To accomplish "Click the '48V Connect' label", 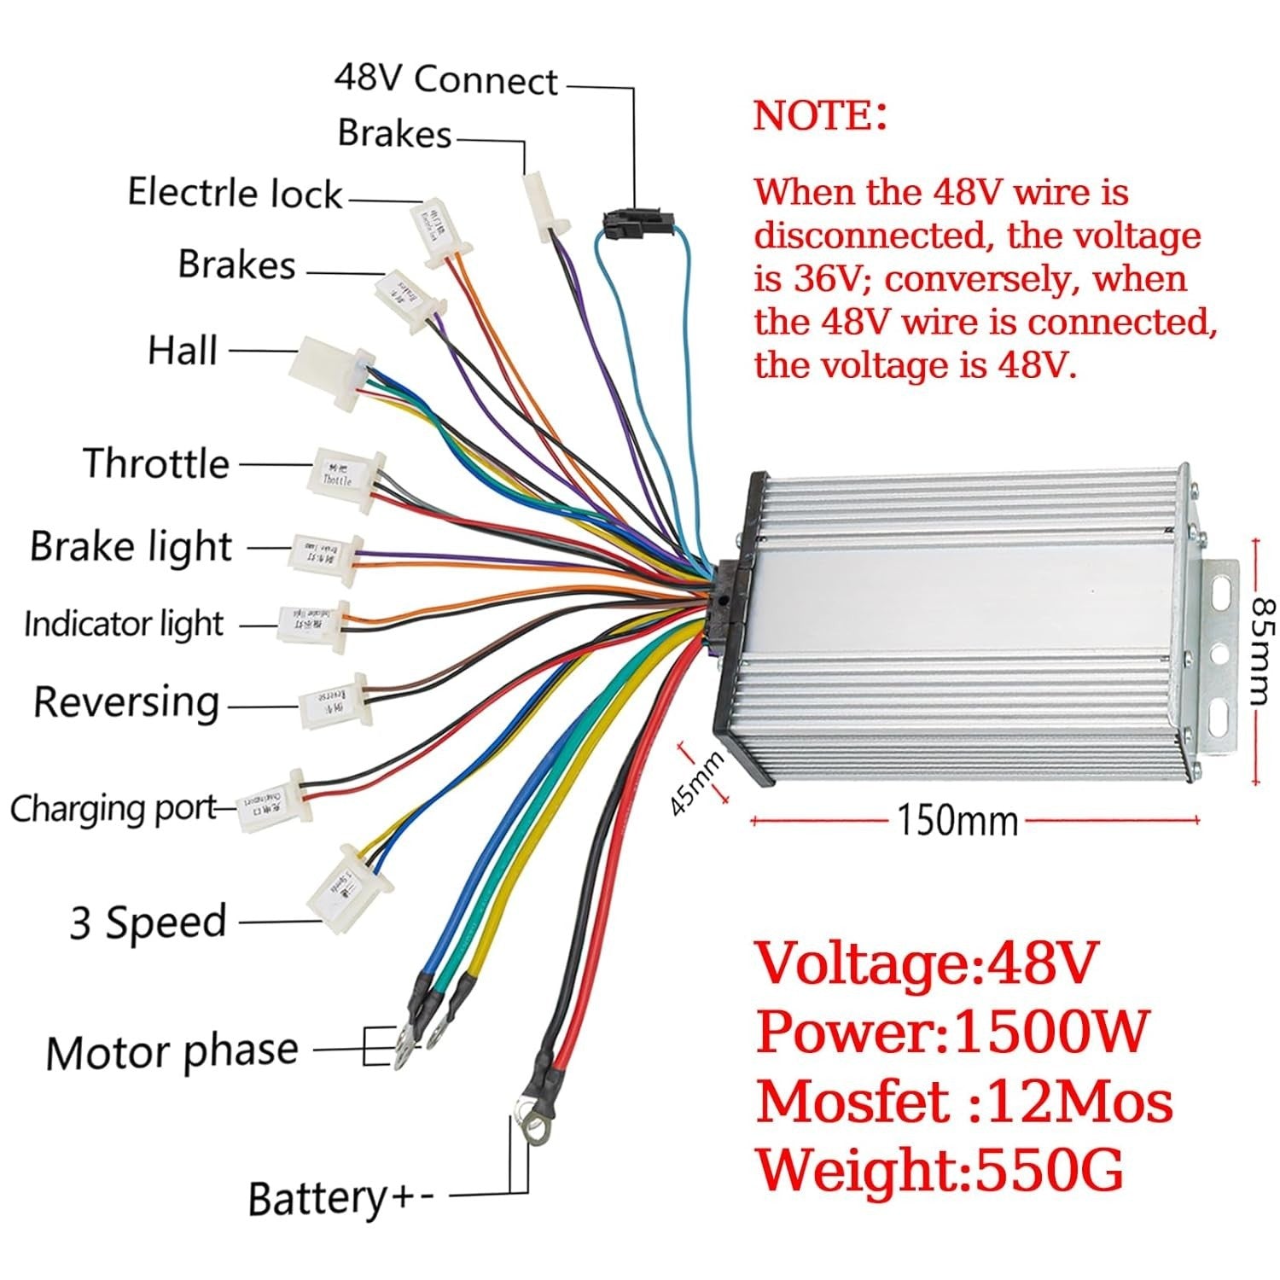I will coord(445,79).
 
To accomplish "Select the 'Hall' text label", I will coord(183,351).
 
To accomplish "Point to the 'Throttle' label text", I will coord(157,464).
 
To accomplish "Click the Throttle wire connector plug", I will coord(344,480).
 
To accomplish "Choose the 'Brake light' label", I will coord(131,547).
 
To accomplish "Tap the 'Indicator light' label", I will coord(124,625).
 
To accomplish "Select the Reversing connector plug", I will coord(332,699).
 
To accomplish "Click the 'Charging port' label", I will coord(113,808).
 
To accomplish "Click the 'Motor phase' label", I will coord(172,1051).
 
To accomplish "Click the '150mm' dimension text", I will coord(957,821).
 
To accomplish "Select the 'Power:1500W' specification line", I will coord(952,1033).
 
